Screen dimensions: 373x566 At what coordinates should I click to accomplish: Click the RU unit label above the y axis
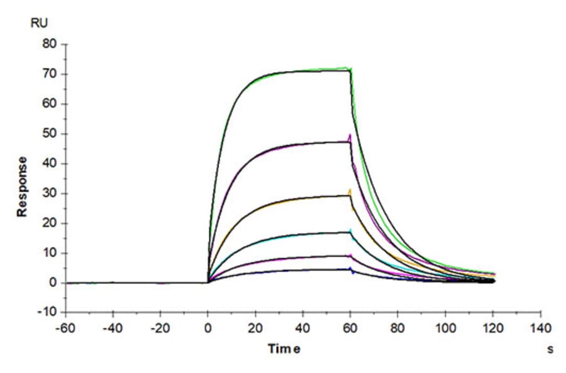[x=38, y=23]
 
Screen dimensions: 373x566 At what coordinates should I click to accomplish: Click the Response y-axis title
[x=23, y=186]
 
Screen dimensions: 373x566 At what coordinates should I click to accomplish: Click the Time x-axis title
[x=284, y=349]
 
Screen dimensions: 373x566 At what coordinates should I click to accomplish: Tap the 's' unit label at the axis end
[x=551, y=349]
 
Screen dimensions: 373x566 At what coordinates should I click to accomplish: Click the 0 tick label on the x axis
[x=208, y=328]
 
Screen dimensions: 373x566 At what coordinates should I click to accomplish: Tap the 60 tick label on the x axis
[x=350, y=328]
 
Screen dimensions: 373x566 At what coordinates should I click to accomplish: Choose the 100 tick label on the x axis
[x=445, y=328]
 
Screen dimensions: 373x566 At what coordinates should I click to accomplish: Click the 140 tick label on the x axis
[x=540, y=328]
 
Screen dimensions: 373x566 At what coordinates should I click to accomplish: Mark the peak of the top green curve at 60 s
[x=350, y=67]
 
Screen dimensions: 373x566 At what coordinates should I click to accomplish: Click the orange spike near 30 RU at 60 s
[x=350, y=190]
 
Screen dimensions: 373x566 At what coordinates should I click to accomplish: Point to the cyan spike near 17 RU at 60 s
[x=350, y=230]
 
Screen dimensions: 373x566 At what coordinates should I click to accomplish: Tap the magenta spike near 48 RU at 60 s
[x=350, y=136]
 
